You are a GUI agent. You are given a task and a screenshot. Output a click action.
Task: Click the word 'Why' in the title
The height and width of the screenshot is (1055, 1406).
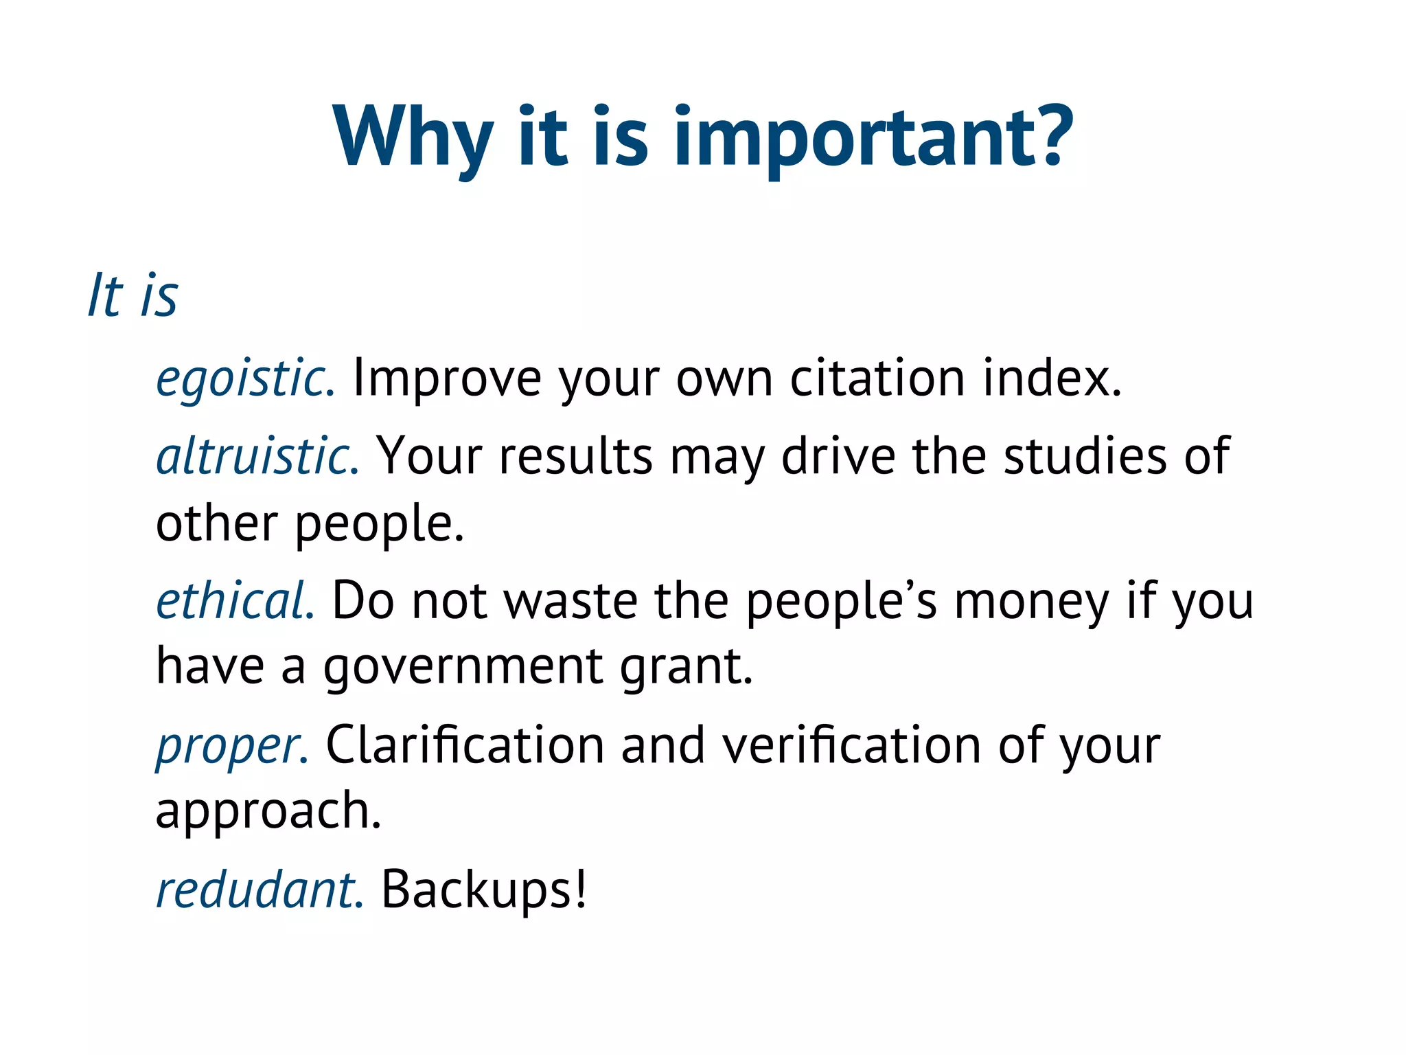pos(413,137)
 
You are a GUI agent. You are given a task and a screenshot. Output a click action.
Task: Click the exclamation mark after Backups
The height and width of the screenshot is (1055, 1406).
pos(581,890)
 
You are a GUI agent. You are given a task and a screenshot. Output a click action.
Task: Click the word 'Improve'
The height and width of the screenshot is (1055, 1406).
pos(447,380)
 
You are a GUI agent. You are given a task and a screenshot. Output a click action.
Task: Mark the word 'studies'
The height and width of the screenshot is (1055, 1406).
pos(1085,456)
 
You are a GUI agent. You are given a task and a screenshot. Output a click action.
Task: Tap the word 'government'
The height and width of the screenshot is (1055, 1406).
pos(463,668)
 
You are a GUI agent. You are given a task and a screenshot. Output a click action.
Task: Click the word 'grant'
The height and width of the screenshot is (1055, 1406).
pos(680,668)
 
